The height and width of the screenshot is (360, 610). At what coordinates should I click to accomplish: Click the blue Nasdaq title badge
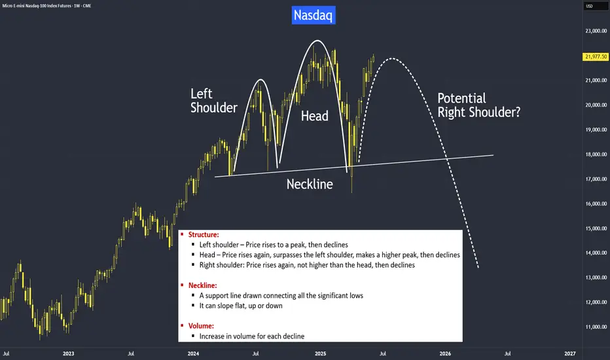click(x=314, y=15)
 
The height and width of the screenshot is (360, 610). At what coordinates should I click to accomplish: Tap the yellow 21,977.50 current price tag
click(x=596, y=57)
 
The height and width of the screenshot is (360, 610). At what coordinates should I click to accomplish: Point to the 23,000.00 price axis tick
click(x=596, y=31)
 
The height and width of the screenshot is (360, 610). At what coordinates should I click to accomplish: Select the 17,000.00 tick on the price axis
click(x=596, y=179)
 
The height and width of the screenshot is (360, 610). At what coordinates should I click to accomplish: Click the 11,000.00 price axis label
click(x=596, y=327)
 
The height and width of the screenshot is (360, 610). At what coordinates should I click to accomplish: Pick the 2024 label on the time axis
click(x=193, y=353)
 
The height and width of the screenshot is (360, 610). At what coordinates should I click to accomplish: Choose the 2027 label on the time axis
click(x=569, y=353)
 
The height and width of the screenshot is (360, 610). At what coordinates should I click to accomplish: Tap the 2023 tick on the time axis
click(x=68, y=353)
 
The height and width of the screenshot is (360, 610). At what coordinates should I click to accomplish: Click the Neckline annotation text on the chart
click(x=310, y=184)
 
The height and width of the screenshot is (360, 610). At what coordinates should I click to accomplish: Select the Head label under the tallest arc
click(x=314, y=116)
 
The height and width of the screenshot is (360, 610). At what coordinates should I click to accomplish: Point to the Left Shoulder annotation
click(x=213, y=100)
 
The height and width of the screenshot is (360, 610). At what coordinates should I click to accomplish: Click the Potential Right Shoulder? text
click(x=479, y=105)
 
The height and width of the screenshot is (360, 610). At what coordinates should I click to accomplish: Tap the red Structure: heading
click(x=204, y=235)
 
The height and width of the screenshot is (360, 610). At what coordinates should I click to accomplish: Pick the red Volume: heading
click(x=201, y=326)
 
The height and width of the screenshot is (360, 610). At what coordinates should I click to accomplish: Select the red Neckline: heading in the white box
click(x=203, y=285)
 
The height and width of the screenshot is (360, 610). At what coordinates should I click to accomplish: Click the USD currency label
click(x=589, y=6)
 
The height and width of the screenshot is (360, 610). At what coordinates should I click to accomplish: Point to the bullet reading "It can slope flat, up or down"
click(x=241, y=306)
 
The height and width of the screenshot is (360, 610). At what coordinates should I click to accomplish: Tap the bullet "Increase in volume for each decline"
click(x=252, y=336)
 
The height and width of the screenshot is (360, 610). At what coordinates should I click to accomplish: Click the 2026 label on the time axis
click(x=445, y=353)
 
